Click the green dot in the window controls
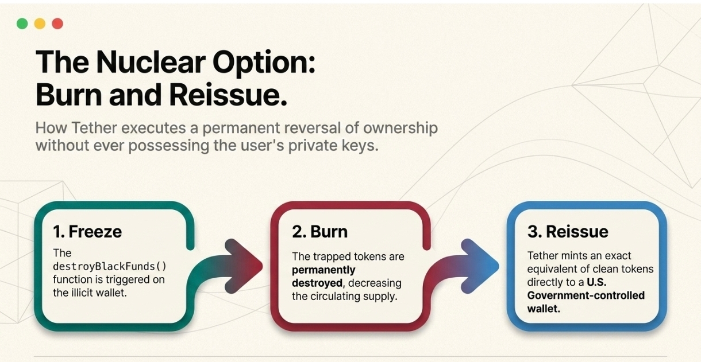22,24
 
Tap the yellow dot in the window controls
40,24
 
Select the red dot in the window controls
57,24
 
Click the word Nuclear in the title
151,62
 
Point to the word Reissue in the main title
228,95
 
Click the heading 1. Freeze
87,231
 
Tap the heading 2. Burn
319,231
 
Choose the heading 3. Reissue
568,231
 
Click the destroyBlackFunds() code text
110,266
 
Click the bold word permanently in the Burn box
323,270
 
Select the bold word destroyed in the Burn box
318,283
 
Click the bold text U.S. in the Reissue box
596,282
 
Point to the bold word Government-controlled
586,295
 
